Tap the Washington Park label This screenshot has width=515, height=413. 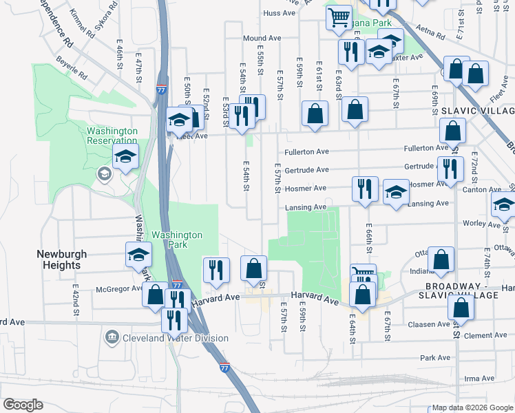click(x=177, y=240)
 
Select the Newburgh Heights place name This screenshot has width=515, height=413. click(x=62, y=259)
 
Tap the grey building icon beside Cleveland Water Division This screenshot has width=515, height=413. click(x=111, y=337)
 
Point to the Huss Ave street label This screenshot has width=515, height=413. click(x=279, y=13)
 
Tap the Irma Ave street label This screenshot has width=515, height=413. click(x=480, y=379)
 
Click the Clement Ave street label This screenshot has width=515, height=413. click(x=485, y=336)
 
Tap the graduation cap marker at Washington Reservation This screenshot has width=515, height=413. click(x=126, y=158)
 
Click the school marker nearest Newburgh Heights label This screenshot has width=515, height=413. click(x=138, y=255)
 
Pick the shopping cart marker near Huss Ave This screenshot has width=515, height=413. click(x=338, y=19)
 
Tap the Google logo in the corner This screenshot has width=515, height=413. click(x=22, y=405)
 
